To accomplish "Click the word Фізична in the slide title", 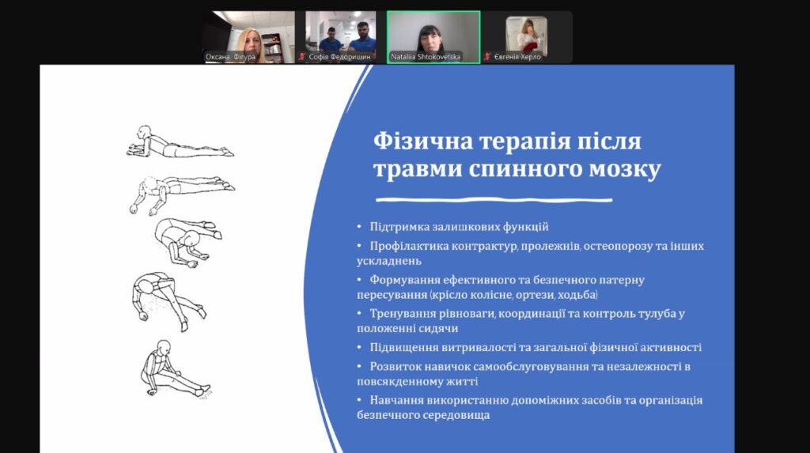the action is tap(423, 141).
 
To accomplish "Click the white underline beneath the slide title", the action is tap(494, 200).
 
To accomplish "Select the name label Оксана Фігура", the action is tap(230, 57).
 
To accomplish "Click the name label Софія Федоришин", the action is tap(339, 57).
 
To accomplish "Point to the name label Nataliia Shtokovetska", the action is tap(425, 57).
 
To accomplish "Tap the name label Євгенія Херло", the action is tap(517, 57).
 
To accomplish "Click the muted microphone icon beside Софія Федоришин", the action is tap(302, 57).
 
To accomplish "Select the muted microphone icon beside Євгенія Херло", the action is tap(487, 57).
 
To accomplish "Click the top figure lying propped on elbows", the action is tap(180, 142).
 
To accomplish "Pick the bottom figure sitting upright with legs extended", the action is tap(175, 369).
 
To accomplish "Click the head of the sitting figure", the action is tap(164, 347).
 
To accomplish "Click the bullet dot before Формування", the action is tap(360, 279).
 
